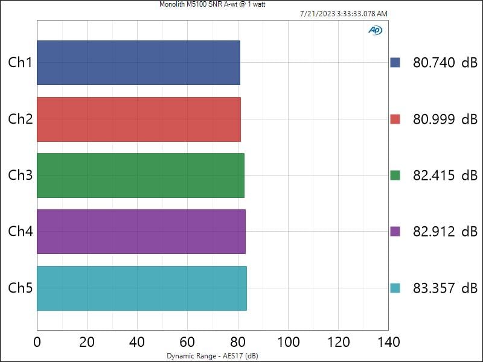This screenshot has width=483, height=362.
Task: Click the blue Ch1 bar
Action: (x=138, y=63)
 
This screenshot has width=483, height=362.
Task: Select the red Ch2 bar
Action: (x=139, y=119)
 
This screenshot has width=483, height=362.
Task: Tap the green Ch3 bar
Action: (x=141, y=176)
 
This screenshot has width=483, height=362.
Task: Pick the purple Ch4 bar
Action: (x=141, y=232)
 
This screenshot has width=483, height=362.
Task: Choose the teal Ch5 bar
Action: (x=142, y=288)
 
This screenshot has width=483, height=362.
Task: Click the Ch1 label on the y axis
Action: (x=20, y=62)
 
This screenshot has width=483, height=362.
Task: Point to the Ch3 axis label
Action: (x=20, y=175)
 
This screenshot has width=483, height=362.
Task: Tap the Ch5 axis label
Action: (x=20, y=288)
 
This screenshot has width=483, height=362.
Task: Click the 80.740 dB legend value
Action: (x=445, y=63)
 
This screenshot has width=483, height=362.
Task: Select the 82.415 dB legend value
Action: (x=445, y=176)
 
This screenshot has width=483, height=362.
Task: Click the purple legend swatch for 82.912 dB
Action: (x=395, y=231)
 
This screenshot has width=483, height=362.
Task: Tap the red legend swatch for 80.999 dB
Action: (x=395, y=119)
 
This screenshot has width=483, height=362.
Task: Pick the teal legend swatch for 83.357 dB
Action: (x=395, y=288)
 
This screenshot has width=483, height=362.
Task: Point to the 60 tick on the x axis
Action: (x=188, y=343)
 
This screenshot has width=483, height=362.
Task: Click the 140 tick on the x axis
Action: (x=388, y=343)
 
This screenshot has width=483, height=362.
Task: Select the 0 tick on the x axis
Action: (x=37, y=343)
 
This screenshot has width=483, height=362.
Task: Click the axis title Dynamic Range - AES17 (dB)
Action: (x=212, y=356)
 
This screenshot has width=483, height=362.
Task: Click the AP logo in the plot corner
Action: (x=375, y=30)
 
